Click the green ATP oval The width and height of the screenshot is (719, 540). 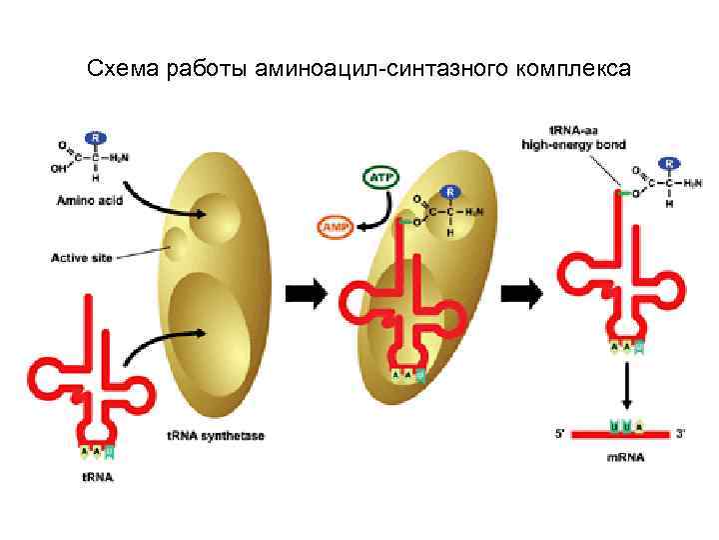[379, 178]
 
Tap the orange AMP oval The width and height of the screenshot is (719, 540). [336, 228]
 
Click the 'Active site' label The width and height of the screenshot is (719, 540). [82, 256]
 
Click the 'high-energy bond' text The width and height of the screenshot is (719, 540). [573, 145]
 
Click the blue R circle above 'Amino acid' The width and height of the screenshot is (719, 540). [96, 137]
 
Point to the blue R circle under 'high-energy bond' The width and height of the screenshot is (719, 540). [668, 162]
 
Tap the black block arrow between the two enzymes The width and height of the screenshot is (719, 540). [307, 292]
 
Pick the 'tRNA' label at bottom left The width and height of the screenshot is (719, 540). [97, 476]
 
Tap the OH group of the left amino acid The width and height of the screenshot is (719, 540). [59, 168]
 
